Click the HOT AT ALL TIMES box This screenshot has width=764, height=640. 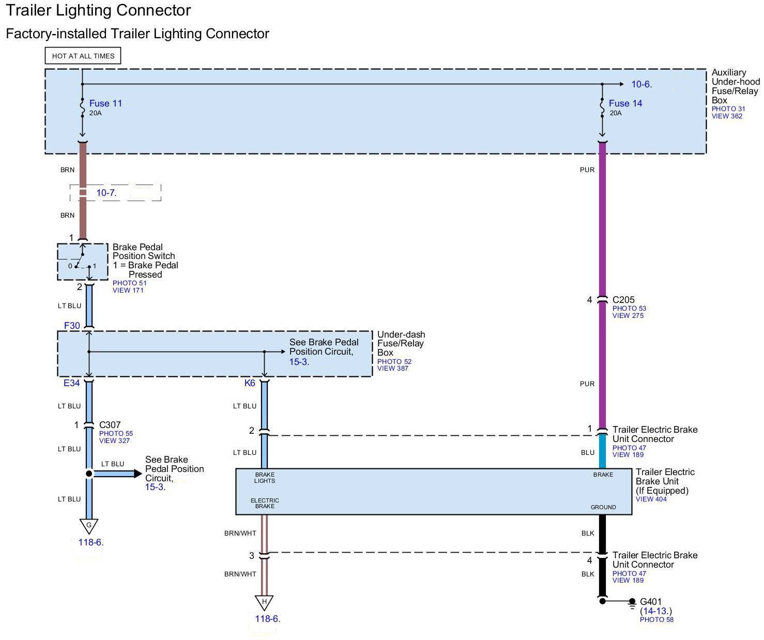(83, 56)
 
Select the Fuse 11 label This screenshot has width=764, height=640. (105, 103)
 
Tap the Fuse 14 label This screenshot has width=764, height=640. (625, 103)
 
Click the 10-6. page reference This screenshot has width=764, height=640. (641, 84)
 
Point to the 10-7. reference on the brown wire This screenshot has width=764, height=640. (106, 193)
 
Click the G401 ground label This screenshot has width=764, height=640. (650, 602)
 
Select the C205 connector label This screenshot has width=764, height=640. (623, 300)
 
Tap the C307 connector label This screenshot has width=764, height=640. (110, 425)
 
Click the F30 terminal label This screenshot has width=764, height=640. (72, 326)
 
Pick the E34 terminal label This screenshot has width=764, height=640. (72, 383)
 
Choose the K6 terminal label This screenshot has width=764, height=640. (250, 383)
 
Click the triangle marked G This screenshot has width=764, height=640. (89, 526)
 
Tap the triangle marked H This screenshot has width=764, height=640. (264, 602)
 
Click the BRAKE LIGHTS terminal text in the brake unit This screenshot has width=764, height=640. (265, 478)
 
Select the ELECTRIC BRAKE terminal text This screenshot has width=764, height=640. (265, 503)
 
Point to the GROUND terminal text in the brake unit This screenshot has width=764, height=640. (603, 507)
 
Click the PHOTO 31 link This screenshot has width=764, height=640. (728, 109)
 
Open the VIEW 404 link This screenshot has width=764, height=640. (651, 499)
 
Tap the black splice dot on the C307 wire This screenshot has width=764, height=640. (89, 474)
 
